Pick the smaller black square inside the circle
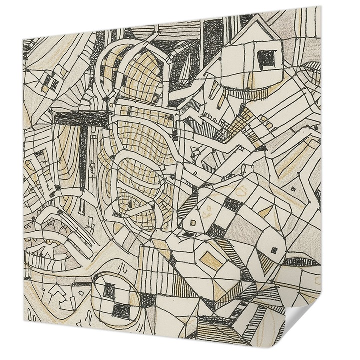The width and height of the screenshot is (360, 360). tap(108, 289)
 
